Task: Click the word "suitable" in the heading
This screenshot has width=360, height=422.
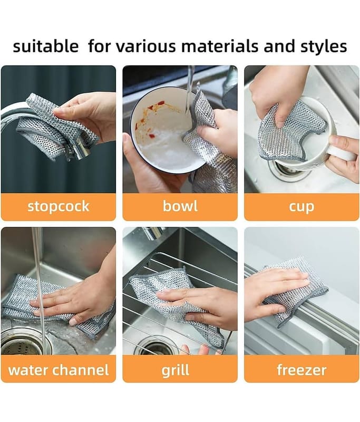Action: pyautogui.click(x=46, y=46)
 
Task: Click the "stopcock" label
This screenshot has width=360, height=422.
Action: pyautogui.click(x=59, y=207)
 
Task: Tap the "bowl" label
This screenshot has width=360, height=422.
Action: pyautogui.click(x=180, y=206)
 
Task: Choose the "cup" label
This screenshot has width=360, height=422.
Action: pyautogui.click(x=301, y=207)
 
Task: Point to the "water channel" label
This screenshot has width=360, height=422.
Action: pyautogui.click(x=59, y=370)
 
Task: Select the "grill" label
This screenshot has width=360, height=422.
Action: pyautogui.click(x=176, y=370)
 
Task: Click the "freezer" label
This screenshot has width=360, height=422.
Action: pyautogui.click(x=301, y=370)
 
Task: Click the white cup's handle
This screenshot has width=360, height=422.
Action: pyautogui.click(x=342, y=151)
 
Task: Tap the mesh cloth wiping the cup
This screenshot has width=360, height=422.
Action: pyautogui.click(x=291, y=132)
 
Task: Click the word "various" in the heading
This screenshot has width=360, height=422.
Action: pyautogui.click(x=145, y=46)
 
